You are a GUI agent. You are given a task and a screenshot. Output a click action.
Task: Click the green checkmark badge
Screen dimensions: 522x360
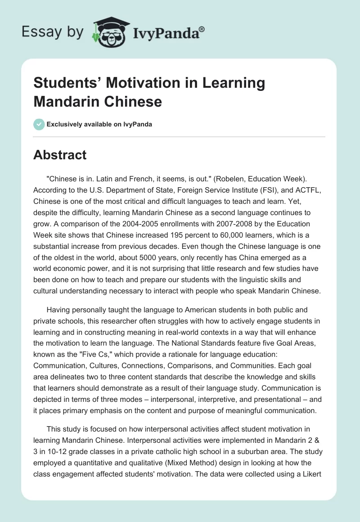coord(39,124)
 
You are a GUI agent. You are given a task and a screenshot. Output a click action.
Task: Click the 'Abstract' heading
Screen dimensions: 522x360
coord(60,155)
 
